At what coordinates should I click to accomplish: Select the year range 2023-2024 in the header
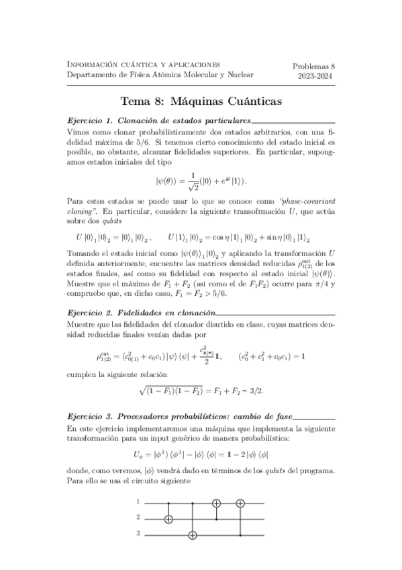click(315, 77)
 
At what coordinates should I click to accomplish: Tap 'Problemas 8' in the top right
click(315, 66)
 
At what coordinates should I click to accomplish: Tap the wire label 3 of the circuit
click(138, 535)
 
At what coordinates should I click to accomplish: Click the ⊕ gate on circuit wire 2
click(168, 519)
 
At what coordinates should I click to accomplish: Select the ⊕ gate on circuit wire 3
click(194, 536)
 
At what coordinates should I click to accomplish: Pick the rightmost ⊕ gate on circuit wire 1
click(240, 502)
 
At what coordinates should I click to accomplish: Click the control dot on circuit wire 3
click(240, 535)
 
